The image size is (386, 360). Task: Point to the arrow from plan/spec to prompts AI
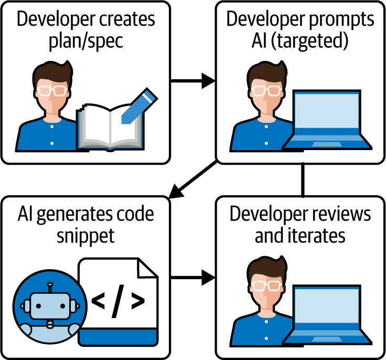(194, 81)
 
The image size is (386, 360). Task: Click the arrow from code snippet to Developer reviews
(194, 277)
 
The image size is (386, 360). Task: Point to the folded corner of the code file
(147, 268)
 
